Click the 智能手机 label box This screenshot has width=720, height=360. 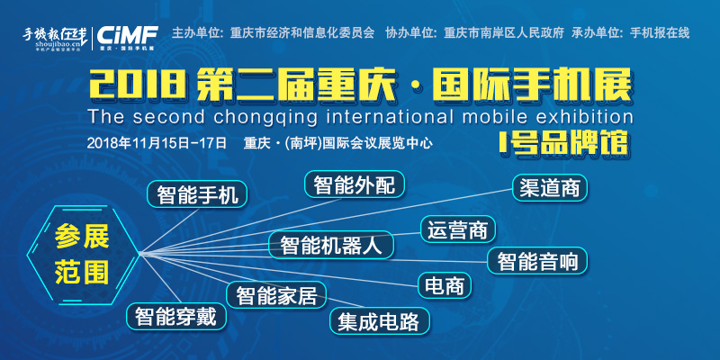coord(197,193)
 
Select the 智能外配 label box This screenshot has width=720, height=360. coord(355,184)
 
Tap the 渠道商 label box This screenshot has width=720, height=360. coord(550,188)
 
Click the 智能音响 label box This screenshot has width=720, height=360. coord(537,261)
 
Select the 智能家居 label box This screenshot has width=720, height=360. coord(276,295)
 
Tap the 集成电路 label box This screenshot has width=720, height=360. coord(378,320)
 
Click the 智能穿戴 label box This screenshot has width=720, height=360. coord(175,316)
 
